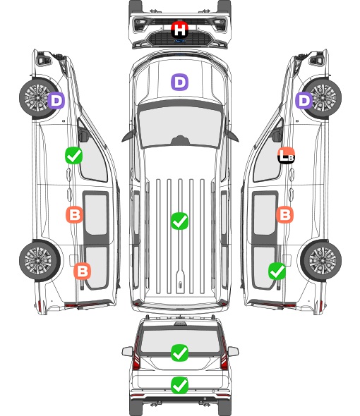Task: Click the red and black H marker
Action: click(179, 30)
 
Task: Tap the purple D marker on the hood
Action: click(179, 82)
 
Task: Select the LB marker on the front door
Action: click(286, 155)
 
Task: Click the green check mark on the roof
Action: click(179, 221)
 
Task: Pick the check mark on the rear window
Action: click(179, 353)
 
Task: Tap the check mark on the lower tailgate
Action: click(179, 385)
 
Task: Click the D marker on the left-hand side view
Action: click(56, 101)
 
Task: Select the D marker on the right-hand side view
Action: click(304, 101)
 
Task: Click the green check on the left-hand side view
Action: click(74, 155)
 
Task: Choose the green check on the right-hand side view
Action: click(277, 271)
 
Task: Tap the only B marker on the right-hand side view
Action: click(284, 214)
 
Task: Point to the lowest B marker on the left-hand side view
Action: click(83, 271)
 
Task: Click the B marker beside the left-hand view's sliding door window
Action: click(75, 214)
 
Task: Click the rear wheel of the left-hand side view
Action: click(40, 261)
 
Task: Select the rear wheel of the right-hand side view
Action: click(321, 261)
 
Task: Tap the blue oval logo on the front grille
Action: click(179, 41)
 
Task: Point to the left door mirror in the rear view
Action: click(128, 351)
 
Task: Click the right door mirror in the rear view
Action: click(233, 351)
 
